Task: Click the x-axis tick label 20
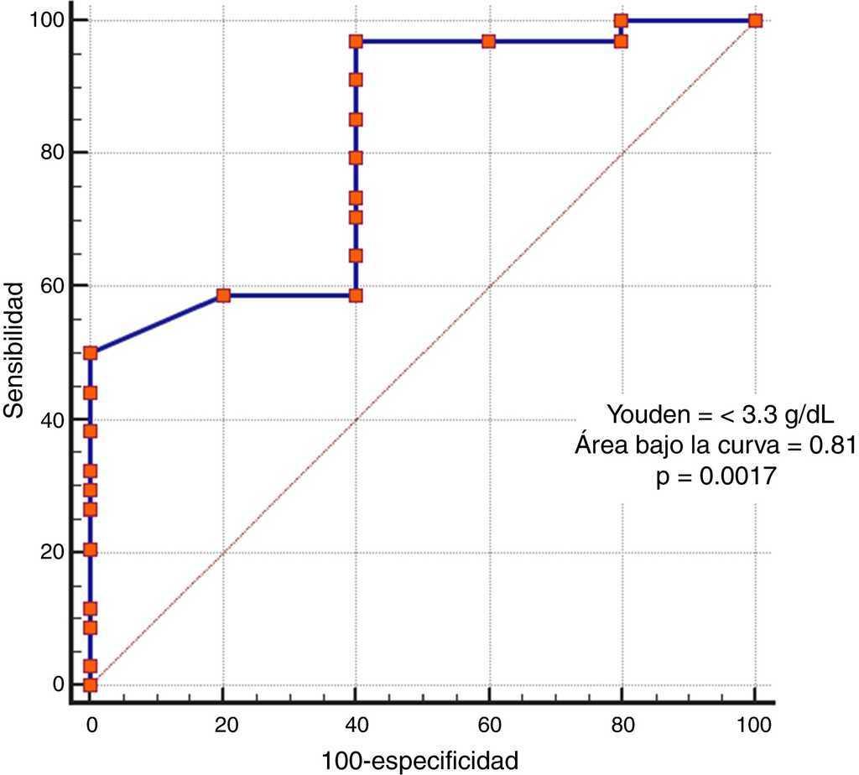tap(223, 720)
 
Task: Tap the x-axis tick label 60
tap(489, 720)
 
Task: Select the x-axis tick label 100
tap(754, 720)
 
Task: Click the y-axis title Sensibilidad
tap(13, 351)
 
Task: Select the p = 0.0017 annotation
tap(715, 477)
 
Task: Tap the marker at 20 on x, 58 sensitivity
tap(223, 295)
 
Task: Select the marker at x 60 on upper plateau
tap(489, 41)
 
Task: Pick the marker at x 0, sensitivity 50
tap(90, 353)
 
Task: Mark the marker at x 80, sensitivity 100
tap(621, 20)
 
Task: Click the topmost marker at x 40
tap(356, 41)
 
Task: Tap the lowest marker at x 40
tap(356, 295)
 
